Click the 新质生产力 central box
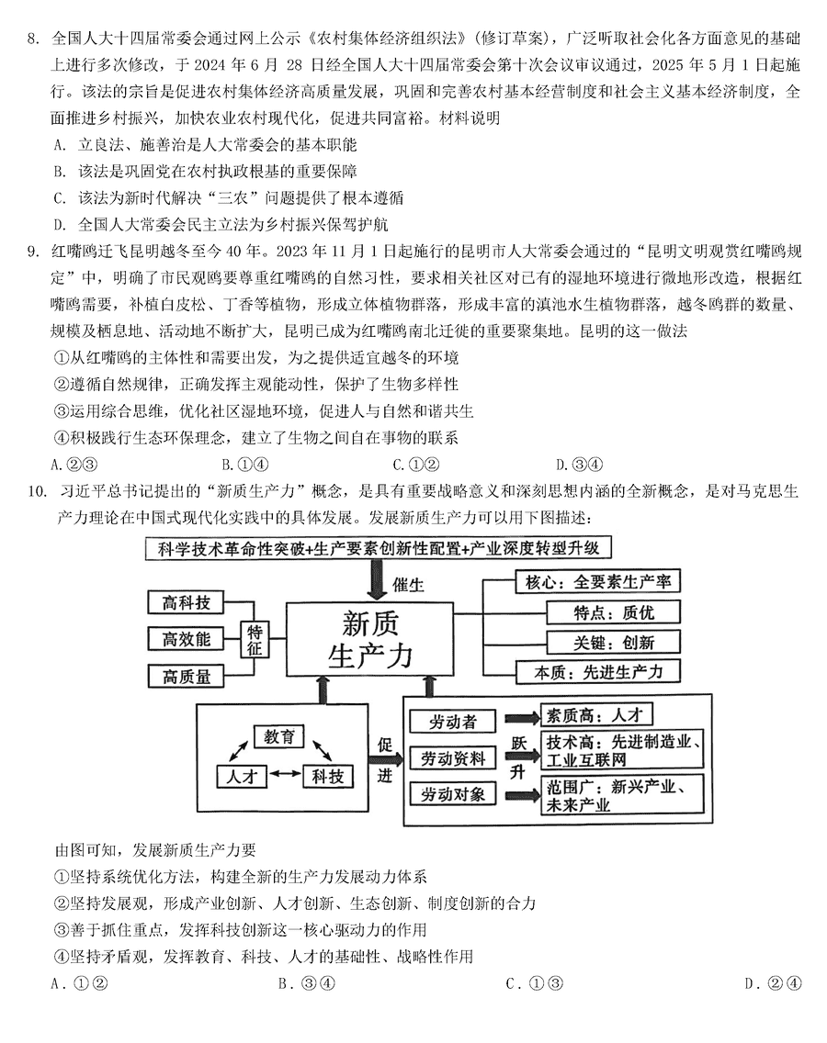(x=369, y=639)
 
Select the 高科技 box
(x=186, y=602)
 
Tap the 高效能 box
(x=186, y=639)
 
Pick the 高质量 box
(x=186, y=676)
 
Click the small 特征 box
(x=255, y=639)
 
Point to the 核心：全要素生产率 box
(x=598, y=582)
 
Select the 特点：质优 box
(x=613, y=612)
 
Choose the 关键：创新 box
(x=613, y=642)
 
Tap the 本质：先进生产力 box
(x=598, y=672)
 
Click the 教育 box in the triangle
(x=279, y=736)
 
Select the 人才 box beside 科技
(x=241, y=776)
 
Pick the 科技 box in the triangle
(x=328, y=776)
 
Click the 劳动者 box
(x=453, y=722)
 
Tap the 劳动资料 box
(x=453, y=758)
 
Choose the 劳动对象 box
(x=453, y=794)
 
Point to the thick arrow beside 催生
(x=376, y=579)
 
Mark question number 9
(x=33, y=252)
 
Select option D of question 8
(x=221, y=225)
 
